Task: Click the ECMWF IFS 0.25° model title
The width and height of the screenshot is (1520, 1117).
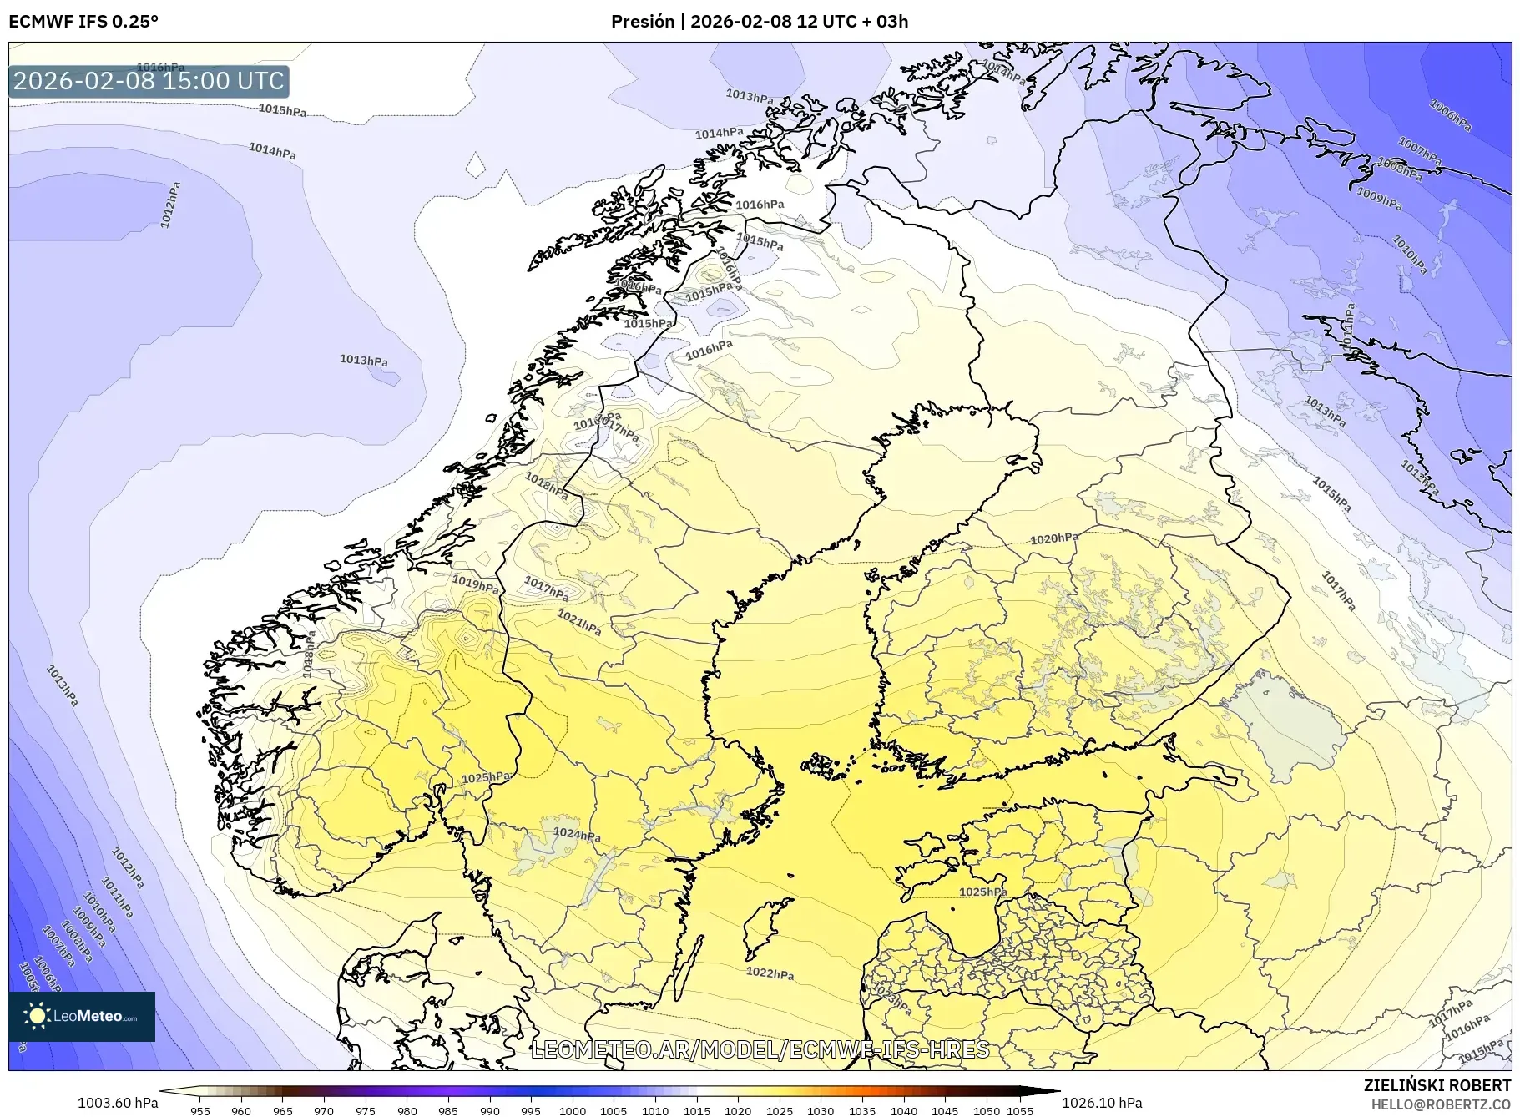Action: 83,22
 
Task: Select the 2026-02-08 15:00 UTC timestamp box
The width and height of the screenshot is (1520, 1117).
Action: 149,81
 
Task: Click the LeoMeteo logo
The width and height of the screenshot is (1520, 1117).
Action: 82,1016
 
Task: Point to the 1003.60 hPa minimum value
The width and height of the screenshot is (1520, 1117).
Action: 118,1103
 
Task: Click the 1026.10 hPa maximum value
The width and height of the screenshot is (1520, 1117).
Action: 1101,1103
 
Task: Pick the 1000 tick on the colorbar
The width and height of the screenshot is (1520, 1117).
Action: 573,1111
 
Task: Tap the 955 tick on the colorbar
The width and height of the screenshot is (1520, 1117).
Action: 199,1111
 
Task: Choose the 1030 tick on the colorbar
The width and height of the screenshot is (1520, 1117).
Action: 821,1111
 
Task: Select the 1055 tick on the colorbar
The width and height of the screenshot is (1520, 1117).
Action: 1020,1111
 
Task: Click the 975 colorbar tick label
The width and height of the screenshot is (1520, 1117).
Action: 366,1111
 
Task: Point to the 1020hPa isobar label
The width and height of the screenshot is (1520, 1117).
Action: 1053,538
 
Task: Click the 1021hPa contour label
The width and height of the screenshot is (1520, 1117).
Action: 578,622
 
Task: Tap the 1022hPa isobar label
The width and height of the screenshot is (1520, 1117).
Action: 770,973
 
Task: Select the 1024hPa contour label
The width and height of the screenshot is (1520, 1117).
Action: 577,834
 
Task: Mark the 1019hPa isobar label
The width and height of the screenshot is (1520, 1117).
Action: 475,583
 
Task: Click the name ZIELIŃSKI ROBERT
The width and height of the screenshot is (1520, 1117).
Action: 1437,1085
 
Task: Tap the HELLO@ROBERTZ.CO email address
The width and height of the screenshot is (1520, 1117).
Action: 1441,1104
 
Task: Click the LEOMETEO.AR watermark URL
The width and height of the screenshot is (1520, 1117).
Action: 760,1049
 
